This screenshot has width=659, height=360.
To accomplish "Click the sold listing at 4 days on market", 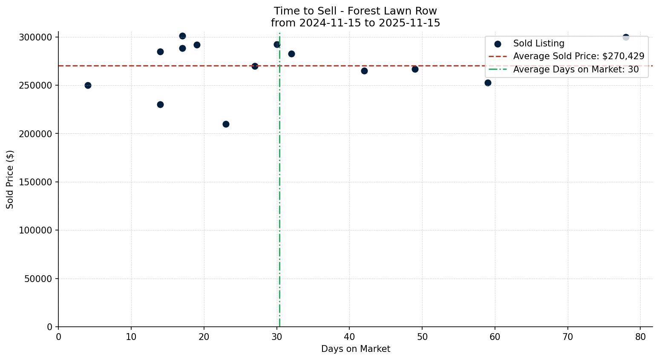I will pyautogui.click(x=88, y=85).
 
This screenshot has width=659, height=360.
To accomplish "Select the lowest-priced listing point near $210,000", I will pyautogui.click(x=226, y=124).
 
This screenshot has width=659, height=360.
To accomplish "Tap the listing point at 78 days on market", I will pyautogui.click(x=626, y=37).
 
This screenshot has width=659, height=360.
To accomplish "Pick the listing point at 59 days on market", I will pyautogui.click(x=488, y=83).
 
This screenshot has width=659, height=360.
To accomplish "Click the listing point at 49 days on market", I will pyautogui.click(x=415, y=69).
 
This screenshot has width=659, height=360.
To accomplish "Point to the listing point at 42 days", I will pyautogui.click(x=364, y=71).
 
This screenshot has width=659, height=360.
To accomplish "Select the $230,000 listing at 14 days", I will pyautogui.click(x=160, y=104).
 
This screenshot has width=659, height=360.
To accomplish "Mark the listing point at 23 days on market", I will pyautogui.click(x=226, y=124).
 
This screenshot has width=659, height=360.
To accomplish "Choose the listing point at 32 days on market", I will pyautogui.click(x=291, y=54).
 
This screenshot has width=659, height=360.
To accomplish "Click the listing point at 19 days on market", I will pyautogui.click(x=197, y=45).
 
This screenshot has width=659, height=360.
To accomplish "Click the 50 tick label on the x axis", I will pyautogui.click(x=422, y=337).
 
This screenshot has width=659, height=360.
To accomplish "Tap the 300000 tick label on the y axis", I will pyautogui.click(x=36, y=37).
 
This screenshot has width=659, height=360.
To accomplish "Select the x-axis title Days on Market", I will pyautogui.click(x=355, y=349).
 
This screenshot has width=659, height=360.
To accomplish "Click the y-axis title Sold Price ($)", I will pyautogui.click(x=10, y=179).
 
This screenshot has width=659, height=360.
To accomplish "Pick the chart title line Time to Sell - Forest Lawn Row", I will pyautogui.click(x=355, y=11).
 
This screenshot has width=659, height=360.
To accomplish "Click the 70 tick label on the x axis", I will pyautogui.click(x=568, y=337).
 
